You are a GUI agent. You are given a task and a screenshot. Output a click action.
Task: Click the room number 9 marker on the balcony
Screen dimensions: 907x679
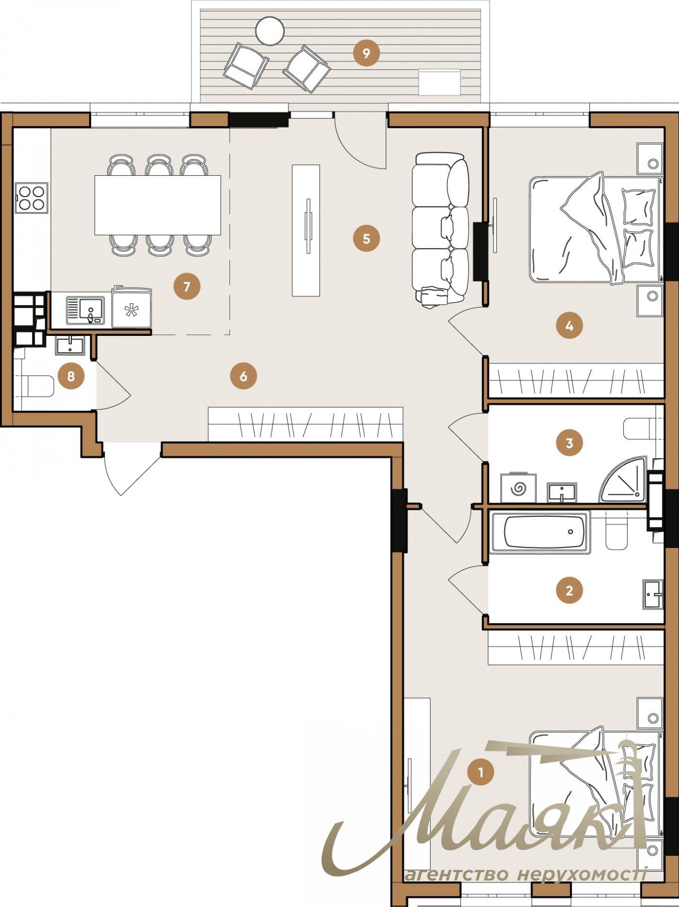pyautogui.click(x=366, y=53)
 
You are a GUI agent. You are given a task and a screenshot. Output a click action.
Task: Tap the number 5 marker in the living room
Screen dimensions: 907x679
pyautogui.click(x=366, y=238)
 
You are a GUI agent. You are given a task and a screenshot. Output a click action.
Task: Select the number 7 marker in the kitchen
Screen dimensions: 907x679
pyautogui.click(x=187, y=286)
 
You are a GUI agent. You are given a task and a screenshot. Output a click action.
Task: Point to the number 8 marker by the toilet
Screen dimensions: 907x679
pyautogui.click(x=71, y=376)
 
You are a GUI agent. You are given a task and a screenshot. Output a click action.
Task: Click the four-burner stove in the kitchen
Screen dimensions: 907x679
pyautogui.click(x=32, y=198)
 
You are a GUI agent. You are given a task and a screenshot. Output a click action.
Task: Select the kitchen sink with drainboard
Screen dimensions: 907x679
pyautogui.click(x=85, y=311)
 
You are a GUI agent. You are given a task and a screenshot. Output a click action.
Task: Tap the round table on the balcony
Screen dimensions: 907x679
pyautogui.click(x=269, y=31)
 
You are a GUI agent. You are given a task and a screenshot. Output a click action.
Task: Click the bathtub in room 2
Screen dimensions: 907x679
pyautogui.click(x=540, y=532)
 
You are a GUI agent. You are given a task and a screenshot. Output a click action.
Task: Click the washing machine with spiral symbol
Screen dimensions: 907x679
pyautogui.click(x=518, y=488)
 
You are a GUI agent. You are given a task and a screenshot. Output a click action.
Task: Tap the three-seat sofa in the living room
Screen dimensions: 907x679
pyautogui.click(x=440, y=228)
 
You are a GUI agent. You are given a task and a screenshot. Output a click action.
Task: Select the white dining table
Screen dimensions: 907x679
pyautogui.click(x=158, y=205)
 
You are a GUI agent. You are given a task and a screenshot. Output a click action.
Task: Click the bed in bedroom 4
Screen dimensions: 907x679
pyautogui.click(x=594, y=229)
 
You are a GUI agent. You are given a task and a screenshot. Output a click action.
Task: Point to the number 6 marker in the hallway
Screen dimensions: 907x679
pyautogui.click(x=243, y=376)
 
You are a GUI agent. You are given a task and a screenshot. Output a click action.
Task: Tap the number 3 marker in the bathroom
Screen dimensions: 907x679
pyautogui.click(x=569, y=443)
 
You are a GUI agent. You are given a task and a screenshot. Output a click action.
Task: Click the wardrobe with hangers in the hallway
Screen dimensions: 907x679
pyautogui.click(x=306, y=424)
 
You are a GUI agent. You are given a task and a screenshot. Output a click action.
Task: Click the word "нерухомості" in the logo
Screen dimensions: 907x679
pyautogui.click(x=582, y=874)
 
